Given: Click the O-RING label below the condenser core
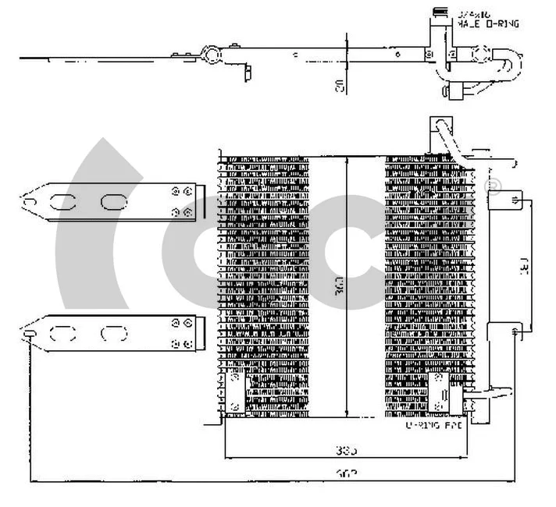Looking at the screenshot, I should pyautogui.click(x=433, y=426).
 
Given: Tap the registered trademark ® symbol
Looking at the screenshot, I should pyautogui.click(x=494, y=186).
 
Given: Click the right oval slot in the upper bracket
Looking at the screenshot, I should pyautogui.click(x=112, y=202).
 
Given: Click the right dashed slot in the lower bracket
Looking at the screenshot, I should pyautogui.click(x=112, y=335).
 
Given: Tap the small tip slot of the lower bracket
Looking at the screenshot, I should pyautogui.click(x=29, y=335).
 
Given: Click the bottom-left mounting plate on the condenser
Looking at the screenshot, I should pyautogui.click(x=235, y=391).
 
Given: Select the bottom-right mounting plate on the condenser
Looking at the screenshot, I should pyautogui.click(x=440, y=391).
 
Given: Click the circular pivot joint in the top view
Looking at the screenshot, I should pyautogui.click(x=209, y=55).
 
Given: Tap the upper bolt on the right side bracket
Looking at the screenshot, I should pyautogui.click(x=515, y=200).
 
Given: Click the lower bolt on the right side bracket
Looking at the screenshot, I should pyautogui.click(x=515, y=333).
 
